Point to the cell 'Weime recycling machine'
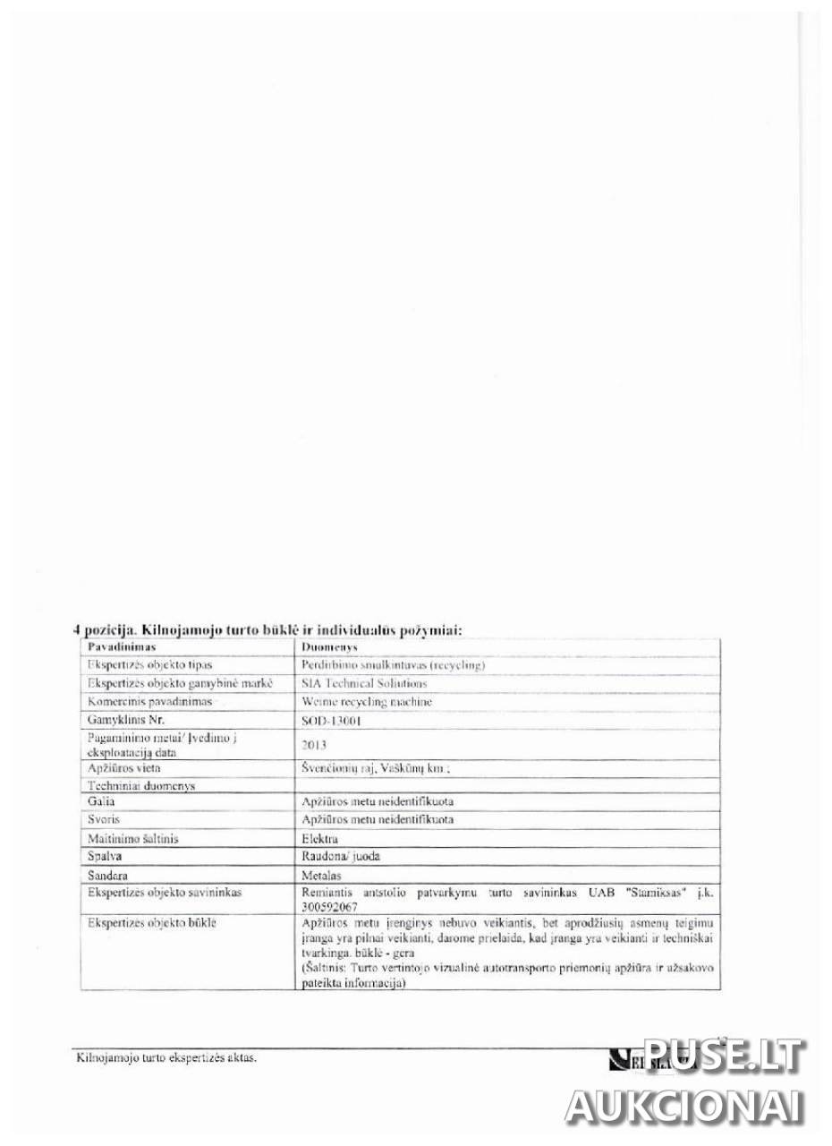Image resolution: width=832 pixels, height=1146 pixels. (x=368, y=701)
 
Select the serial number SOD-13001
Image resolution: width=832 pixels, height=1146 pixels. (x=332, y=719)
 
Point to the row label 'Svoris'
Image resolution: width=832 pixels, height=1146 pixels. (x=104, y=819)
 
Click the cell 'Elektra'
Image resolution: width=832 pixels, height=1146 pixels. (x=320, y=838)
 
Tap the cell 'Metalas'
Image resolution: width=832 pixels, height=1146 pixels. (x=323, y=875)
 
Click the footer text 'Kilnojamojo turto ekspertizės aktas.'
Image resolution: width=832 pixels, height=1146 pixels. (x=166, y=1058)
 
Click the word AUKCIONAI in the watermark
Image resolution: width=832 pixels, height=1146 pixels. (x=684, y=1107)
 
